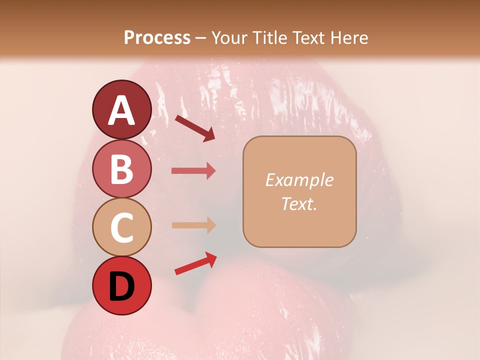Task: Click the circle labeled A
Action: [x=121, y=109]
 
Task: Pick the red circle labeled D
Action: [x=121, y=285]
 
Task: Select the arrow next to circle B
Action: [x=193, y=171]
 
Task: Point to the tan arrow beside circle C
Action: [x=193, y=225]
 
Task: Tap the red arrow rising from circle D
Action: [x=195, y=263]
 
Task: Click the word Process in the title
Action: [x=157, y=38]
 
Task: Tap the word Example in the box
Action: [x=299, y=180]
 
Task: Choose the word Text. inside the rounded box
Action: [x=299, y=203]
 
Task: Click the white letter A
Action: [x=122, y=110]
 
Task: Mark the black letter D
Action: [x=122, y=286]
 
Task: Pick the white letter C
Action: [x=122, y=228]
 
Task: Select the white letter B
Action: [x=122, y=169]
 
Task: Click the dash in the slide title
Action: [x=200, y=38]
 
